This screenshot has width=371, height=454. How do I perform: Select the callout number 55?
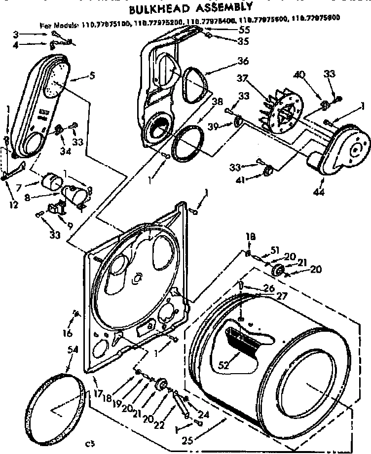coord(230,30)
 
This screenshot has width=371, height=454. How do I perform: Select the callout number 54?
coord(73,349)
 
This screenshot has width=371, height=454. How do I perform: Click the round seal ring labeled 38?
coord(186,144)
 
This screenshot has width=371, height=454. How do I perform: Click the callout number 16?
coord(67,334)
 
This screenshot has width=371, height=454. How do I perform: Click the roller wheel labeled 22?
coord(160,386)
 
